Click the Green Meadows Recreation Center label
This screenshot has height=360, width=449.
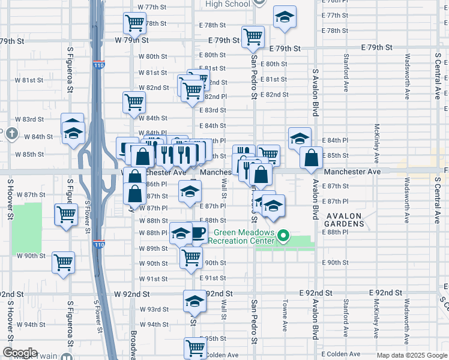242,237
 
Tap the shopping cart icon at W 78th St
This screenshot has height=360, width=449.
135,23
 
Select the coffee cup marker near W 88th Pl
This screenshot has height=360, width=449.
197,233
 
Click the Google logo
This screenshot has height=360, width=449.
20,352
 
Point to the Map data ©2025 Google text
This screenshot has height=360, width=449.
411,355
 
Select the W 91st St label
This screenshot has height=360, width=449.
153,278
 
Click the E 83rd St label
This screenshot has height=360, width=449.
215,110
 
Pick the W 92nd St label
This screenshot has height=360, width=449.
133,295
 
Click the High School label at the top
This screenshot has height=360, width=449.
228,4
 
